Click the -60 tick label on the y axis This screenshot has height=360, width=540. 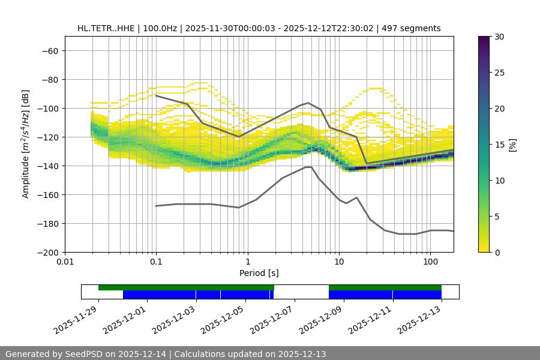49,50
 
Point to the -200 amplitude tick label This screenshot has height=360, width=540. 47,252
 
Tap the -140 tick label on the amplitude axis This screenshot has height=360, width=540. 47,166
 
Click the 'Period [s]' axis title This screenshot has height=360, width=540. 259,274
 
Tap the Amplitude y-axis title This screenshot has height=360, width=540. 26,144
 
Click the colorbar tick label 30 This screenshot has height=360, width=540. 499,37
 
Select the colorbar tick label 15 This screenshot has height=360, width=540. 499,145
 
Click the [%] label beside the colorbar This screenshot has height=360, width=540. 512,145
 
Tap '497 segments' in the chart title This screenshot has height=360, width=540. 415,28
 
